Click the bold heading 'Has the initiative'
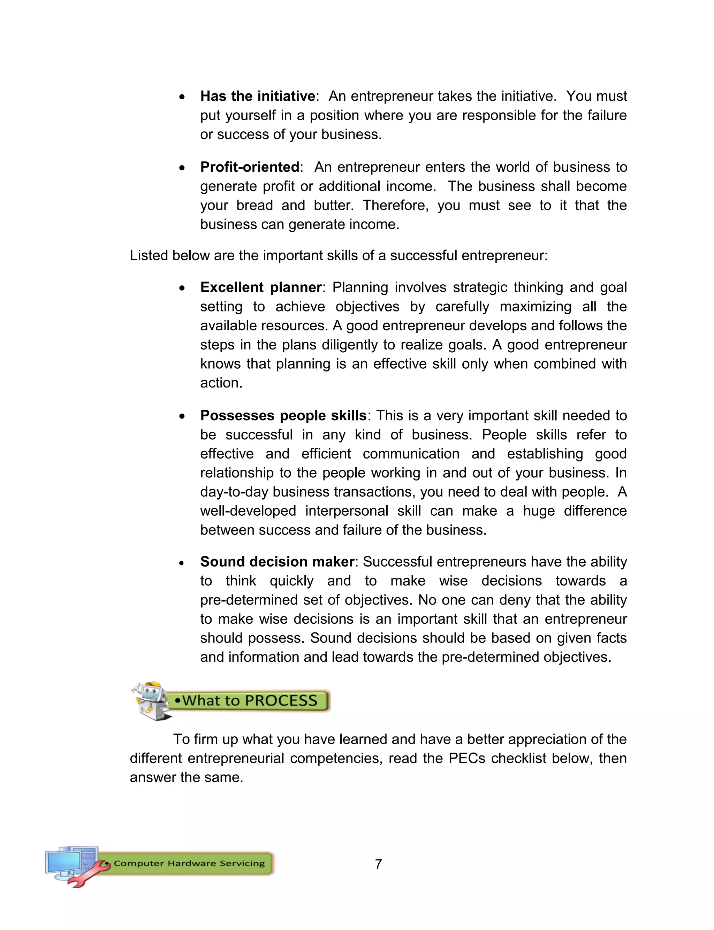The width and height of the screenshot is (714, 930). [x=258, y=97]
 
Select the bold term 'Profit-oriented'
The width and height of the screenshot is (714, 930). [x=250, y=167]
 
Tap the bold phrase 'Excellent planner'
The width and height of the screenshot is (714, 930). [x=260, y=287]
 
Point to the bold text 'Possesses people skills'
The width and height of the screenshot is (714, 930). [x=283, y=415]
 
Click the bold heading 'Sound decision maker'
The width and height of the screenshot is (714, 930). [x=277, y=562]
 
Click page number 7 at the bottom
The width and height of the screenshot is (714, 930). [x=378, y=864]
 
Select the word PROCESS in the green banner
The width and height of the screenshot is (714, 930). [x=281, y=701]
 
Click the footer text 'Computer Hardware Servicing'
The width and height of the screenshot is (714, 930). [x=189, y=863]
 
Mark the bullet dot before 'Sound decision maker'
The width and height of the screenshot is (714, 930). [x=182, y=563]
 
